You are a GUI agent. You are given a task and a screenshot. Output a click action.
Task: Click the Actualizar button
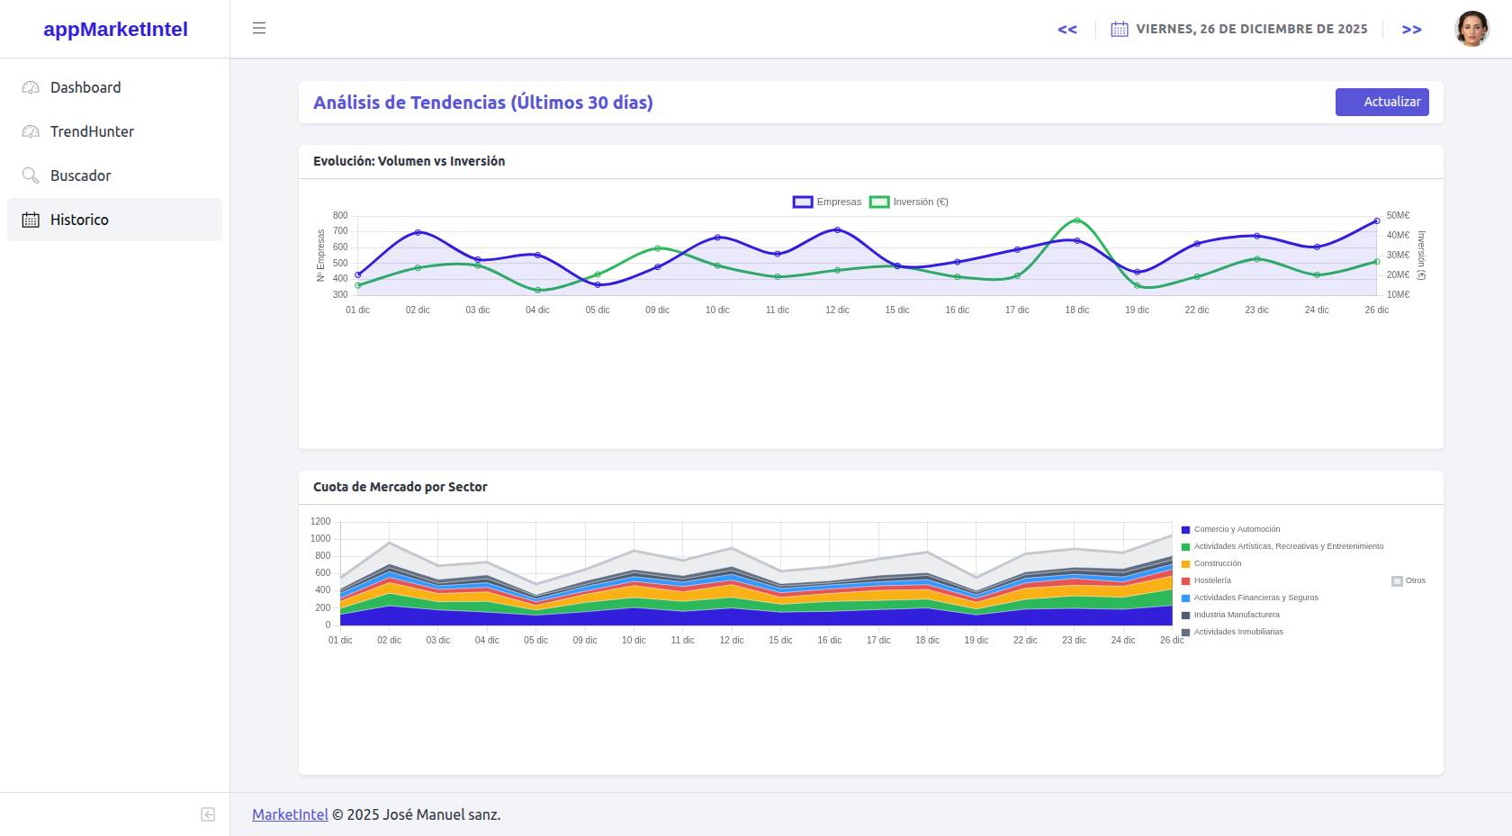pyautogui.click(x=1381, y=102)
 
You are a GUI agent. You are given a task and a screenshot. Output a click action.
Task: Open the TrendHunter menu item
pyautogui.click(x=92, y=131)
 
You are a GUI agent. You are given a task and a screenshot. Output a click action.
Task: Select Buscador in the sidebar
pyautogui.click(x=80, y=175)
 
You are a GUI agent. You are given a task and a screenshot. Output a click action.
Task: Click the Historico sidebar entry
pyautogui.click(x=79, y=220)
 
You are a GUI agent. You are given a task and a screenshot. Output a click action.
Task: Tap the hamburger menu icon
pyautogui.click(x=259, y=28)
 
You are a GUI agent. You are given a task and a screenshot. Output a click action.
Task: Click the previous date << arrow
pyautogui.click(x=1067, y=30)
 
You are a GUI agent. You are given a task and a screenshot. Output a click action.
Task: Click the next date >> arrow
pyautogui.click(x=1411, y=30)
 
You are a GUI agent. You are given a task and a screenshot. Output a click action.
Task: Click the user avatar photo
pyautogui.click(x=1471, y=29)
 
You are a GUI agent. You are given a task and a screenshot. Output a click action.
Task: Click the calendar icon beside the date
pyautogui.click(x=1119, y=29)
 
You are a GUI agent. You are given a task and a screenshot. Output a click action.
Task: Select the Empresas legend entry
pyautogui.click(x=827, y=202)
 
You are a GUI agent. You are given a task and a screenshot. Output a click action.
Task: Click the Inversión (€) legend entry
pyautogui.click(x=909, y=202)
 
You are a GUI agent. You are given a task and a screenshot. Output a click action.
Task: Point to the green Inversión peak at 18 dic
pyautogui.click(x=1077, y=220)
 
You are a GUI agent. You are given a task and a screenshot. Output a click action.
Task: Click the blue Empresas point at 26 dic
pyautogui.click(x=1376, y=220)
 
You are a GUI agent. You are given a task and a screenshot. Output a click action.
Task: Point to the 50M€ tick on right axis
pyautogui.click(x=1398, y=216)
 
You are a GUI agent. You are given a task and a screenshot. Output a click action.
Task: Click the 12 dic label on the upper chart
pyautogui.click(x=837, y=310)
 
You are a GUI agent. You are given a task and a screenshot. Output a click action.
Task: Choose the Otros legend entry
pyautogui.click(x=1408, y=580)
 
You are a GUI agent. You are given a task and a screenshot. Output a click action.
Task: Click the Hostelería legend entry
pyautogui.click(x=1211, y=580)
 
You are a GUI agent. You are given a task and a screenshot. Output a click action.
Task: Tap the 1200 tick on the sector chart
pyautogui.click(x=320, y=522)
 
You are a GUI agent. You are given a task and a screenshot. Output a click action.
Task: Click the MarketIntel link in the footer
pyautogui.click(x=290, y=814)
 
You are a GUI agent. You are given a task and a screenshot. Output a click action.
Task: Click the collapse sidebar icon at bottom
pyautogui.click(x=208, y=814)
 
